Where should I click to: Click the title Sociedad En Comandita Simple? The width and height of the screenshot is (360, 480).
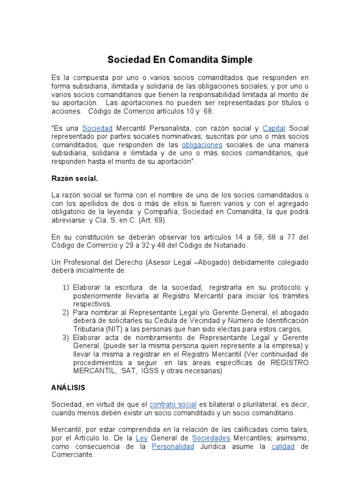(x=180, y=60)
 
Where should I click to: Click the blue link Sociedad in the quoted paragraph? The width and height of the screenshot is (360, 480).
(x=97, y=128)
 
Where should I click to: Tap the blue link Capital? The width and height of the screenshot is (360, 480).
(x=274, y=128)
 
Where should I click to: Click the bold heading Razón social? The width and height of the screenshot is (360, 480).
(x=75, y=178)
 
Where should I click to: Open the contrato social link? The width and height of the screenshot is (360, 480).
(x=172, y=404)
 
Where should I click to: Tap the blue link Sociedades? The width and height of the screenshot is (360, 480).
(x=211, y=438)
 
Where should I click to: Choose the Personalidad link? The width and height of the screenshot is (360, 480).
(x=173, y=446)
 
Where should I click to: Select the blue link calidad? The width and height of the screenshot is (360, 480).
(x=283, y=446)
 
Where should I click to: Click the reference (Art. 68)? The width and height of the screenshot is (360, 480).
(x=150, y=220)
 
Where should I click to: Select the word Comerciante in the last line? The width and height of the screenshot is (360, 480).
(x=73, y=455)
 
